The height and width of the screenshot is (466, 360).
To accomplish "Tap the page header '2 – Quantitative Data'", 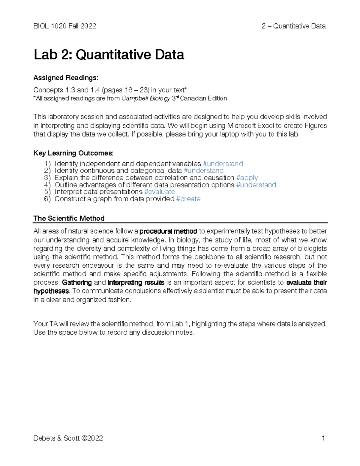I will tap(293, 26).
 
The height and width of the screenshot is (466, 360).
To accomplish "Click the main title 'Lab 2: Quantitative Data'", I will tap(109, 55).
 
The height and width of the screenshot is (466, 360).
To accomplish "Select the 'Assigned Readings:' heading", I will tap(66, 78).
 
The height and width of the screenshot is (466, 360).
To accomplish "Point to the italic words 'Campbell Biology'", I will tap(146, 98).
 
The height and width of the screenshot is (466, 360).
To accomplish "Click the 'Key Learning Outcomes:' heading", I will tap(73, 153).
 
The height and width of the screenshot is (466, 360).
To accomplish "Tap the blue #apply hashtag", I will tap(247, 178).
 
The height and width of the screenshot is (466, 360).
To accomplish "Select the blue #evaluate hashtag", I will tap(160, 192).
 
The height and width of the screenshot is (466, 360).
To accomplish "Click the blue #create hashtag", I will tap(188, 199).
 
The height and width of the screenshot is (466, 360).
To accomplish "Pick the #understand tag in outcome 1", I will tap(223, 164).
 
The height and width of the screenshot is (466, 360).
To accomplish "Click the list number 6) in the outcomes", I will tap(47, 199).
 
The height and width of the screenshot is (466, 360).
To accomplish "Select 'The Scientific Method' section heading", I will tap(69, 218).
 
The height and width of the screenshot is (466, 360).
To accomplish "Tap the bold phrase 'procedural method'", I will tap(168, 231).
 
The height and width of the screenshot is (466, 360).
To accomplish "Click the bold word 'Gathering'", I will tap(77, 283).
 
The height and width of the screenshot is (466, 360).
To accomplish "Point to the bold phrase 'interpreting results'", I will tap(136, 283).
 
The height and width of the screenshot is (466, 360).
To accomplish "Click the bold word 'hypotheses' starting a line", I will tap(51, 291).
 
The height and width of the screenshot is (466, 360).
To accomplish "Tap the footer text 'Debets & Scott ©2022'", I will tap(68, 438).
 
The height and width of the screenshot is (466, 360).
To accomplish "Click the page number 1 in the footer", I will tap(323, 438).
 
